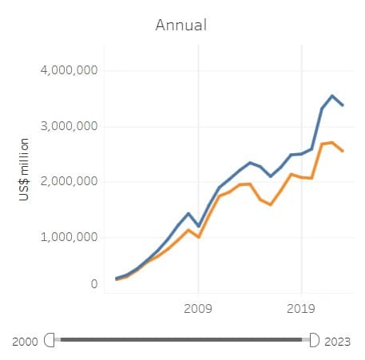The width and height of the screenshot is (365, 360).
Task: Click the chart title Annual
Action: (181, 25)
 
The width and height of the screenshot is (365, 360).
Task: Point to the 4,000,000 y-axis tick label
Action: (69, 70)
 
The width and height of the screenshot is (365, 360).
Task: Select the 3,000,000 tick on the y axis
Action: (69, 126)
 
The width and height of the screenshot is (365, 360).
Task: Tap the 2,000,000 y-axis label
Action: (69, 182)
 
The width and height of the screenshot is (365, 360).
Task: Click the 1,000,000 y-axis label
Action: (69, 237)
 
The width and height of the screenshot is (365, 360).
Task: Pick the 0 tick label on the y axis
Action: (93, 283)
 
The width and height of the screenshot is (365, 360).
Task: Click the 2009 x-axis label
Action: (198, 308)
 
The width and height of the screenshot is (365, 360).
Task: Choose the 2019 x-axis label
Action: (301, 308)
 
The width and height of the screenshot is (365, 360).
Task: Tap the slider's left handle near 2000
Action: (54, 340)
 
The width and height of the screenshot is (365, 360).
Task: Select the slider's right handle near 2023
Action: (313, 340)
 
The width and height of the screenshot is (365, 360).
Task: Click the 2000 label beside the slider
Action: (26, 341)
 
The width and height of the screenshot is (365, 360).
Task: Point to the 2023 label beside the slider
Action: (338, 341)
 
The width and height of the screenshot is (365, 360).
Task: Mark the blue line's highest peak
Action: (332, 96)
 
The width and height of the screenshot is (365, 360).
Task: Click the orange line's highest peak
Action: (332, 142)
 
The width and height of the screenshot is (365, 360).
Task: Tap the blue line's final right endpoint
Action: (343, 105)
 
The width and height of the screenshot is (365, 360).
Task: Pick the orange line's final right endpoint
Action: (343, 151)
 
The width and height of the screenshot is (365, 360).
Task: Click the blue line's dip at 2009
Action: (198, 226)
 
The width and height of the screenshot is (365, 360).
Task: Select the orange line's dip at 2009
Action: (198, 237)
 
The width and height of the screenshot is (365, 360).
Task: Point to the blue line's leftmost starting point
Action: (117, 279)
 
